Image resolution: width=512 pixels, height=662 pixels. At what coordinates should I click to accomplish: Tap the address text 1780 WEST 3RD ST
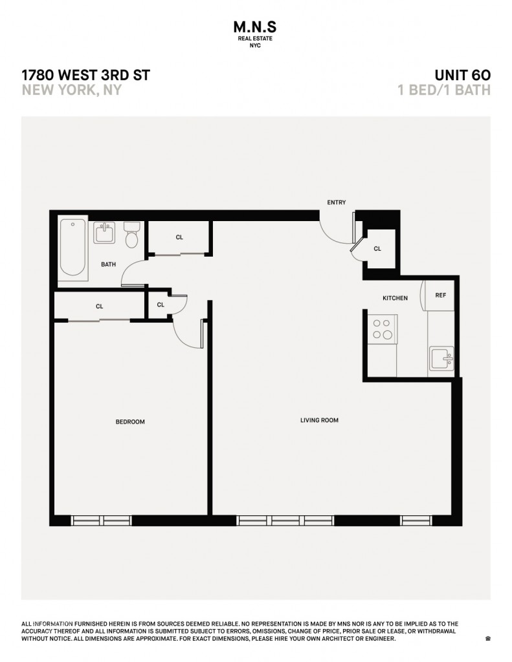pyautogui.click(x=86, y=75)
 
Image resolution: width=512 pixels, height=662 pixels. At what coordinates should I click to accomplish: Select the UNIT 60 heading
pyautogui.click(x=463, y=75)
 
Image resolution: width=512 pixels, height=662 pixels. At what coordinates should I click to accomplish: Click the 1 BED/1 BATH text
pyautogui.click(x=444, y=90)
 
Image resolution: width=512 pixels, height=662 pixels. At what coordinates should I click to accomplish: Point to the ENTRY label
pyautogui.click(x=337, y=202)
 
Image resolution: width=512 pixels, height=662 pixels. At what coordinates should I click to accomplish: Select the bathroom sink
pyautogui.click(x=104, y=232)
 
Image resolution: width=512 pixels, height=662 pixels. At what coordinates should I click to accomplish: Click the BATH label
pyautogui.click(x=108, y=264)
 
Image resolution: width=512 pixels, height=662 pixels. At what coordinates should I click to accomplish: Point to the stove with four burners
pyautogui.click(x=382, y=329)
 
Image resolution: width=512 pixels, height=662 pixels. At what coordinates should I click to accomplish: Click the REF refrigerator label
pyautogui.click(x=441, y=295)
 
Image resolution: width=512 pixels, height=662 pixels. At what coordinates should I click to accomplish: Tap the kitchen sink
pyautogui.click(x=441, y=359)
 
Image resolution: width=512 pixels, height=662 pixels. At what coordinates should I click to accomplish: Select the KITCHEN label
pyautogui.click(x=395, y=298)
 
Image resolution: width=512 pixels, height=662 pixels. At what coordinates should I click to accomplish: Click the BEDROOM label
pyautogui.click(x=130, y=422)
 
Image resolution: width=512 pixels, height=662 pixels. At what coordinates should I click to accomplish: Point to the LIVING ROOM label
pyautogui.click(x=319, y=420)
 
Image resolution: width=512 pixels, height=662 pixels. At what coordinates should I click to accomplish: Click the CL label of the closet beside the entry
pyautogui.click(x=377, y=249)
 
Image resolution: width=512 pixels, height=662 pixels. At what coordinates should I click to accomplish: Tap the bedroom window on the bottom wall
pyautogui.click(x=102, y=520)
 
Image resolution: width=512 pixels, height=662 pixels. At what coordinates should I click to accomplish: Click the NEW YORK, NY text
pyautogui.click(x=71, y=90)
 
